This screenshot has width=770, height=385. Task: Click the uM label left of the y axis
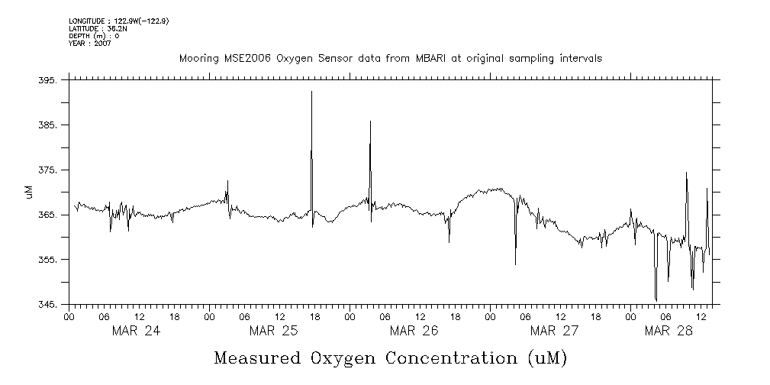click(x=29, y=192)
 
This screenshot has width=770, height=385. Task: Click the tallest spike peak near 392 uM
click(x=311, y=92)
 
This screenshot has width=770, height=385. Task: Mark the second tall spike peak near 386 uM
click(x=370, y=121)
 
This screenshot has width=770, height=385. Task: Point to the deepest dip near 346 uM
click(x=656, y=300)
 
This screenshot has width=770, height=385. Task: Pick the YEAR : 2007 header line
click(x=91, y=44)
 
